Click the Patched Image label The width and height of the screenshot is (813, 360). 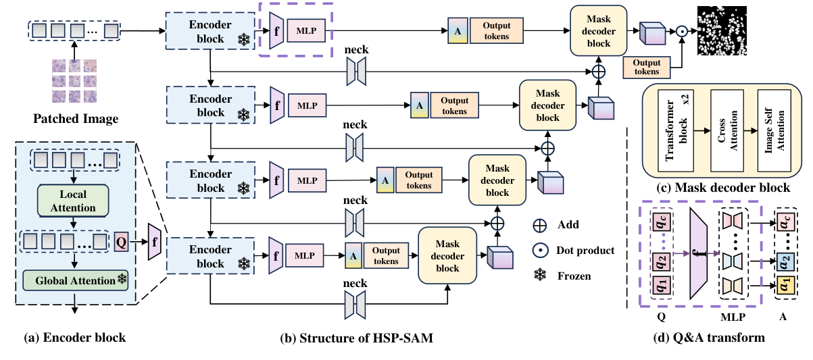76,120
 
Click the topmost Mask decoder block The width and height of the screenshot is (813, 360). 599,30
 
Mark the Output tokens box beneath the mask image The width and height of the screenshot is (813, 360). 647,68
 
